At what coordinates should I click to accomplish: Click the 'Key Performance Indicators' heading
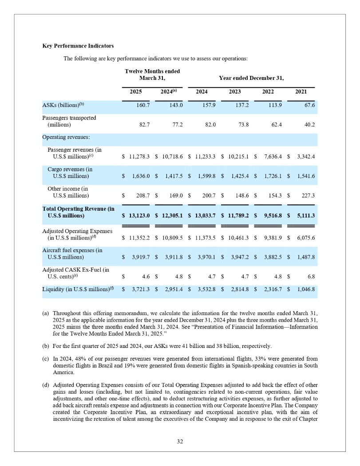[x=78, y=46]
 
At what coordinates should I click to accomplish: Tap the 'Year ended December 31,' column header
[x=251, y=78]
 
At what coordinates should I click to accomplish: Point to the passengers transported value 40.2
[x=308, y=125]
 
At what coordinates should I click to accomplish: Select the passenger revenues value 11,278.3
[x=139, y=157]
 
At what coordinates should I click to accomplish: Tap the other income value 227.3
[x=307, y=195]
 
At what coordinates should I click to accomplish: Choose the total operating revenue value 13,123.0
[x=139, y=216]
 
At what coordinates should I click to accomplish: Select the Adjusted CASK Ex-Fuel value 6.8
[x=311, y=276]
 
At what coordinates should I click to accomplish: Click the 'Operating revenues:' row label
[x=66, y=138]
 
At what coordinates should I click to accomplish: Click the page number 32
[x=180, y=442]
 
